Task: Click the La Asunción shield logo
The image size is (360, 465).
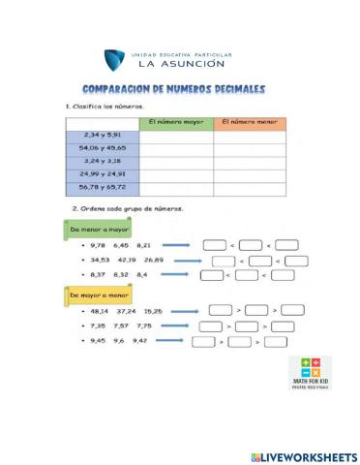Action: click(116, 60)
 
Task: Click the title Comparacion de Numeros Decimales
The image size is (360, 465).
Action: click(174, 89)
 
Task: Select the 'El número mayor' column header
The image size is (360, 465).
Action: click(176, 122)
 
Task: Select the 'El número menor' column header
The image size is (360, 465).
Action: click(250, 122)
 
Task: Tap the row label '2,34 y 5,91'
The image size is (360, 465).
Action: click(103, 135)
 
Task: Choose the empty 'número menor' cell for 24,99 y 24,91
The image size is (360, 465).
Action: click(250, 175)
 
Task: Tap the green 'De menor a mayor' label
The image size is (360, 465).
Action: click(97, 229)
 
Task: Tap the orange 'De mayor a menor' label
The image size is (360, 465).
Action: click(97, 293)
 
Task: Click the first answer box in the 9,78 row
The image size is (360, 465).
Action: click(214, 246)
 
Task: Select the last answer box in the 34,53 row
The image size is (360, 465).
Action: click(296, 261)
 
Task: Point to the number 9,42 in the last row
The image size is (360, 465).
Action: click(140, 341)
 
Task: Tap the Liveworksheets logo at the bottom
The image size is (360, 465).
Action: click(302, 455)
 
